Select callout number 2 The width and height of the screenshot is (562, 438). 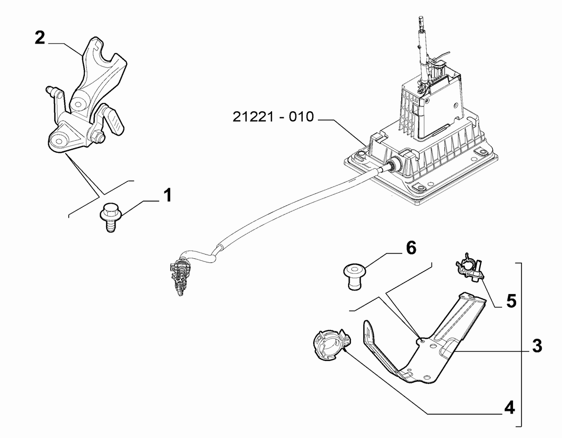(x=40, y=38)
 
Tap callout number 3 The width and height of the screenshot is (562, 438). (x=537, y=346)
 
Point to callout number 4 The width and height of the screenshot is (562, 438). (x=509, y=407)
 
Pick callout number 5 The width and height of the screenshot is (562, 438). (x=512, y=301)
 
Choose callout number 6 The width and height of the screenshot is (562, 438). (x=411, y=248)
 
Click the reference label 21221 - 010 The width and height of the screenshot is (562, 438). (x=273, y=117)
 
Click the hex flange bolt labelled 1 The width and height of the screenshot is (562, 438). (x=110, y=217)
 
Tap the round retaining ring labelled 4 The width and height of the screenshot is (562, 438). (x=330, y=345)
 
